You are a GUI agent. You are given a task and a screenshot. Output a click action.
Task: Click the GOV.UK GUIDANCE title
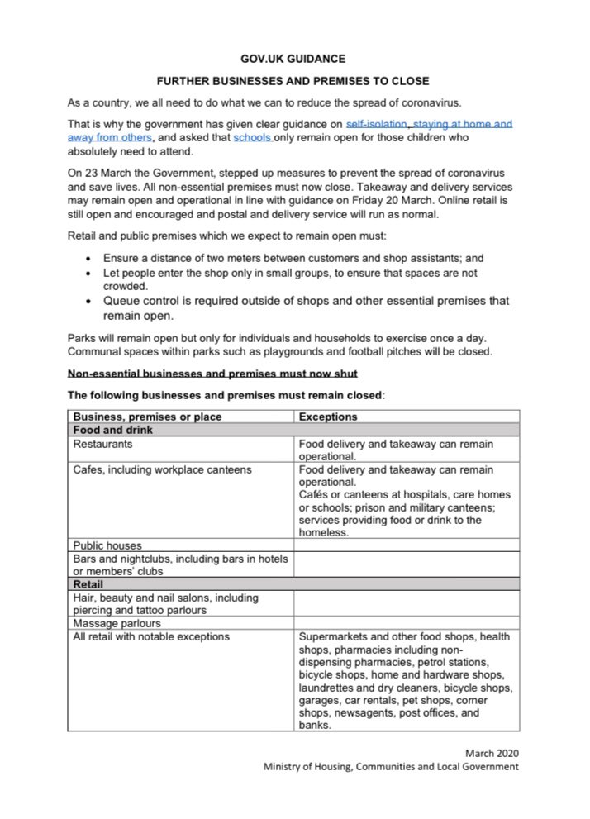point(294,59)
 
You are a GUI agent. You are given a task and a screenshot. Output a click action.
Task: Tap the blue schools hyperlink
point(252,138)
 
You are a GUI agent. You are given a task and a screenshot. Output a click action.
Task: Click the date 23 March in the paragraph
point(103,174)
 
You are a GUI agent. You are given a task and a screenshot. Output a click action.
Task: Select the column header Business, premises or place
point(147,417)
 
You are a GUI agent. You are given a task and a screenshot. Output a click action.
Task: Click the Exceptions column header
point(328,417)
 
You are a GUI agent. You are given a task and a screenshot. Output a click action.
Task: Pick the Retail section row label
point(88,583)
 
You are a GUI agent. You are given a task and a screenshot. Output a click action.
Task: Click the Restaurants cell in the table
point(102,444)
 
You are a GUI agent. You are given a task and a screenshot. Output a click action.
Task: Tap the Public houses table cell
point(107,545)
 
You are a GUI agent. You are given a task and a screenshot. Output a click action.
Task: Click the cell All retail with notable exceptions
point(151,636)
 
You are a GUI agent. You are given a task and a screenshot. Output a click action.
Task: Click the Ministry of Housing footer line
point(391,766)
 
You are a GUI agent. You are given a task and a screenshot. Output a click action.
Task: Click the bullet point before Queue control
point(89,301)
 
